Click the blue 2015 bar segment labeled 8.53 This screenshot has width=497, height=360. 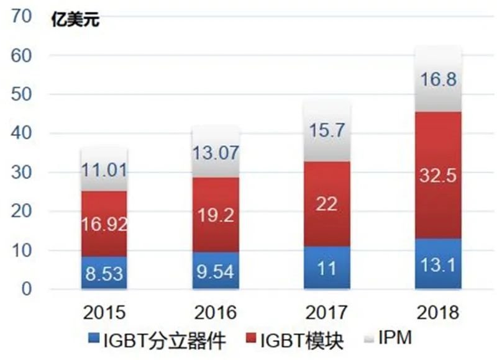coord(104,273)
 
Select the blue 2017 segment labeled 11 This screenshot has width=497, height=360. coord(327,268)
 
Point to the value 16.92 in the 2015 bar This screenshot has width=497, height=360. coord(104,225)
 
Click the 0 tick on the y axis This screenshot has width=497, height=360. coord(26,290)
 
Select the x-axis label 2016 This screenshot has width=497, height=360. coord(216,312)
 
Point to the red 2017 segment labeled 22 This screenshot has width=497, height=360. coord(327,204)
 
